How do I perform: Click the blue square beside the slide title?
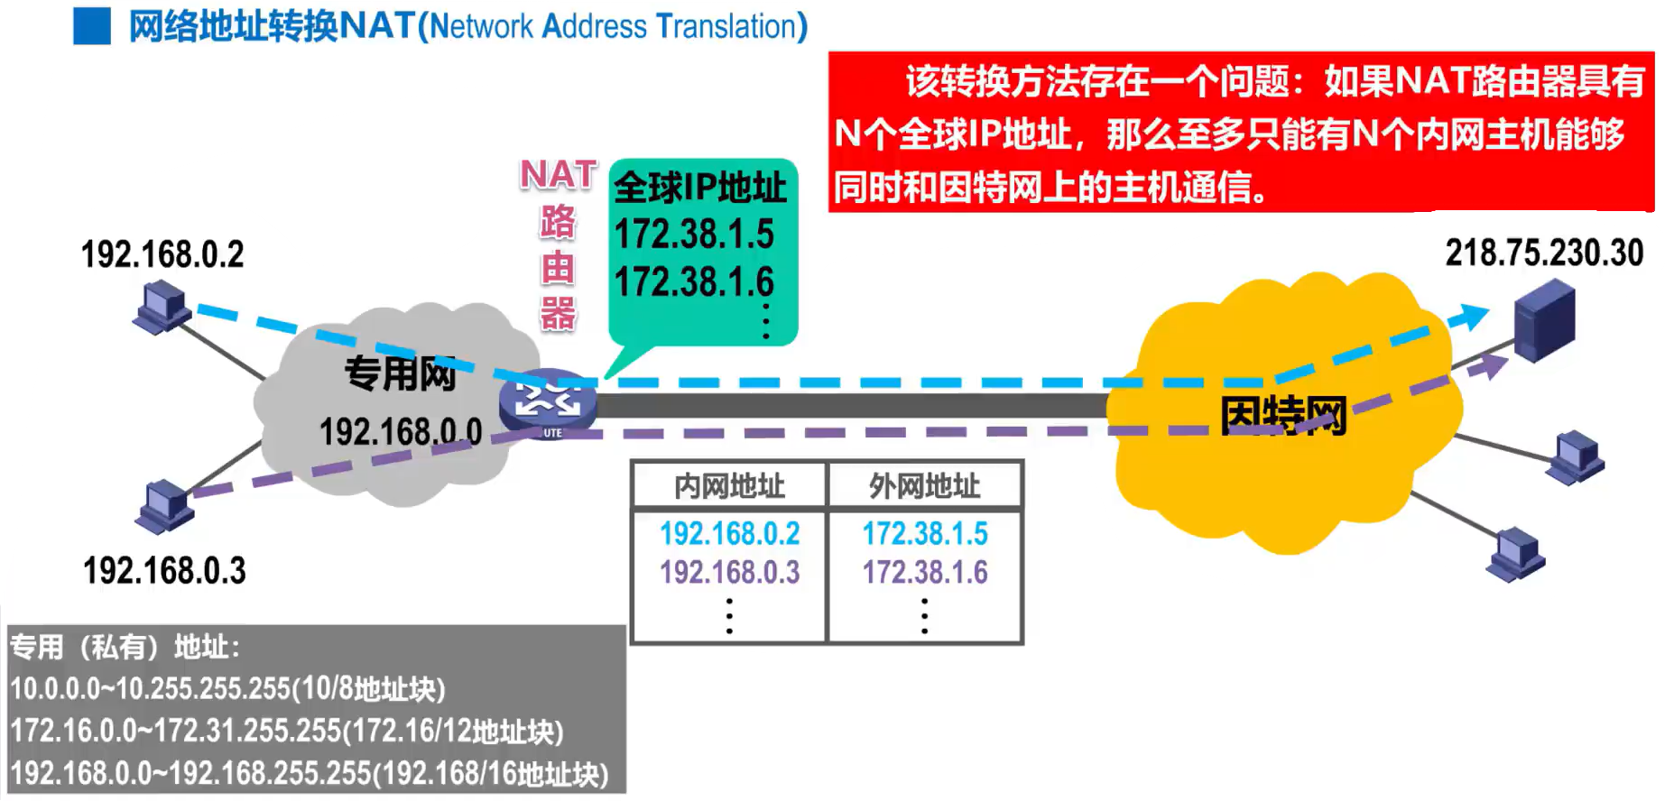point(91,26)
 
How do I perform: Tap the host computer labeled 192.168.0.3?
point(163,506)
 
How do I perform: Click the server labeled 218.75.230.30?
point(1544,321)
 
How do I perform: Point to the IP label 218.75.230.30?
point(1544,253)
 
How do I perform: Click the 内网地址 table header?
point(729,486)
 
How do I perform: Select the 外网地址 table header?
point(924,486)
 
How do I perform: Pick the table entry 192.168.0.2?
point(729,533)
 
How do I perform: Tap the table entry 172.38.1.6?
point(925,572)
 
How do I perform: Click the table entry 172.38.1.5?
point(925,533)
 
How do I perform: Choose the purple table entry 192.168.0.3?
point(729,572)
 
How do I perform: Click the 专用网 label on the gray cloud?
point(400,373)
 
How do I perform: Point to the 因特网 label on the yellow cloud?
point(1282,416)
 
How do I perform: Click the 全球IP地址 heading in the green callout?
point(699,188)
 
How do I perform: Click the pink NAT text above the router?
point(559,174)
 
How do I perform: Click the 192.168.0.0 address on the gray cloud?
point(401,431)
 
